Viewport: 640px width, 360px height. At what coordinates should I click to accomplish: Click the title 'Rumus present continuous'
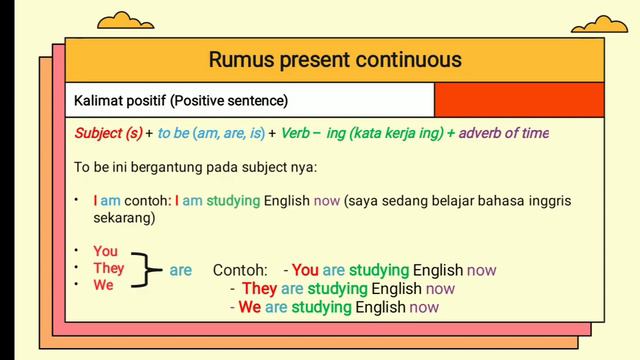pyautogui.click(x=335, y=59)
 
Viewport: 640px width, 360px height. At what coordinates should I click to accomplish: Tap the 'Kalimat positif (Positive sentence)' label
pyautogui.click(x=181, y=101)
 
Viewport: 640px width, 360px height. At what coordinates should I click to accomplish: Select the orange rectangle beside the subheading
pyautogui.click(x=519, y=100)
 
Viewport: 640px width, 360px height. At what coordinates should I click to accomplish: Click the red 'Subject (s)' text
pyautogui.click(x=108, y=133)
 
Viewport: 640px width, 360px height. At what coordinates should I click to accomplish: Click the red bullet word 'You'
pyautogui.click(x=105, y=251)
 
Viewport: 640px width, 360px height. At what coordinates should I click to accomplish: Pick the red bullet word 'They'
pyautogui.click(x=108, y=268)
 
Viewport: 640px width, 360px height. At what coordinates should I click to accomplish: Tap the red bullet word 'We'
pyautogui.click(x=103, y=285)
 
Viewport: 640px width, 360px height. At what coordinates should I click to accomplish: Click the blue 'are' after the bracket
pyautogui.click(x=180, y=270)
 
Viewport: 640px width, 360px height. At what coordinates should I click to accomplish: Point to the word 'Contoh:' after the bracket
pyautogui.click(x=240, y=270)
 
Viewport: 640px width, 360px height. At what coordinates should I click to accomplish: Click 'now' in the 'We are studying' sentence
pyautogui.click(x=423, y=307)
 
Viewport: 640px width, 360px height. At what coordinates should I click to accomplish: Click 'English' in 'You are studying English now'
pyautogui.click(x=438, y=270)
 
